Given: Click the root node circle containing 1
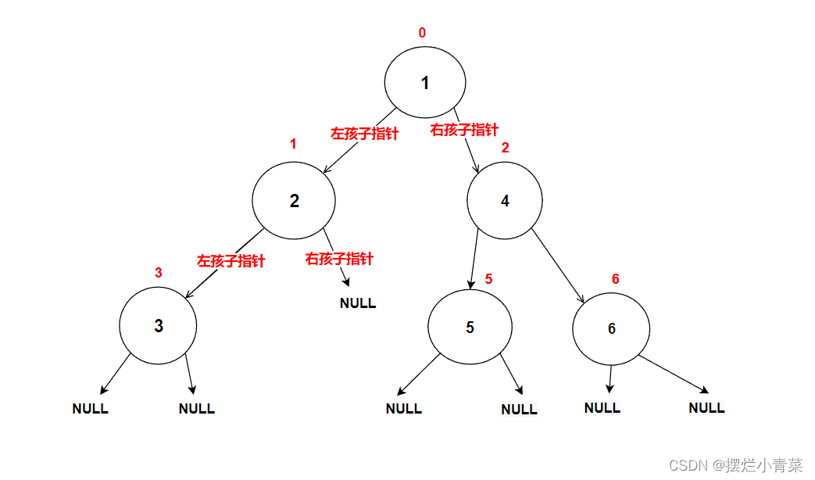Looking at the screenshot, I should (425, 83).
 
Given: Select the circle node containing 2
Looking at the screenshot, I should (294, 200).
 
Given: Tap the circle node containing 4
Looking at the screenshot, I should (505, 200).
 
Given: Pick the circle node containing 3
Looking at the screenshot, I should (158, 326).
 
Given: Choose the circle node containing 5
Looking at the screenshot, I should (470, 327).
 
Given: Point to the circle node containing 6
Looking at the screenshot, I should (611, 328).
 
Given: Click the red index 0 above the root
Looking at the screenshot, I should (422, 33).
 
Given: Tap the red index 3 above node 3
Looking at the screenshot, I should (159, 273).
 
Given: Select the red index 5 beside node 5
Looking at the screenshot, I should (488, 278).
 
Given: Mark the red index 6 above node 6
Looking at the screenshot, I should (615, 279).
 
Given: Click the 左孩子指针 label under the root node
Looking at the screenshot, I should (364, 134).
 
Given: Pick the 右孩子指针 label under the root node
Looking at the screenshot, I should (464, 130).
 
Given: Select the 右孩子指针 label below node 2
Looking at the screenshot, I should (339, 259).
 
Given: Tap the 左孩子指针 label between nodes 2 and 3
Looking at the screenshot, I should (231, 261).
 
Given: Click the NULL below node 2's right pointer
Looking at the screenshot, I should (358, 303).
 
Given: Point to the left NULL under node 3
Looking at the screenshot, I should (90, 408).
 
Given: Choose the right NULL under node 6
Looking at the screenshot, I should (706, 407).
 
